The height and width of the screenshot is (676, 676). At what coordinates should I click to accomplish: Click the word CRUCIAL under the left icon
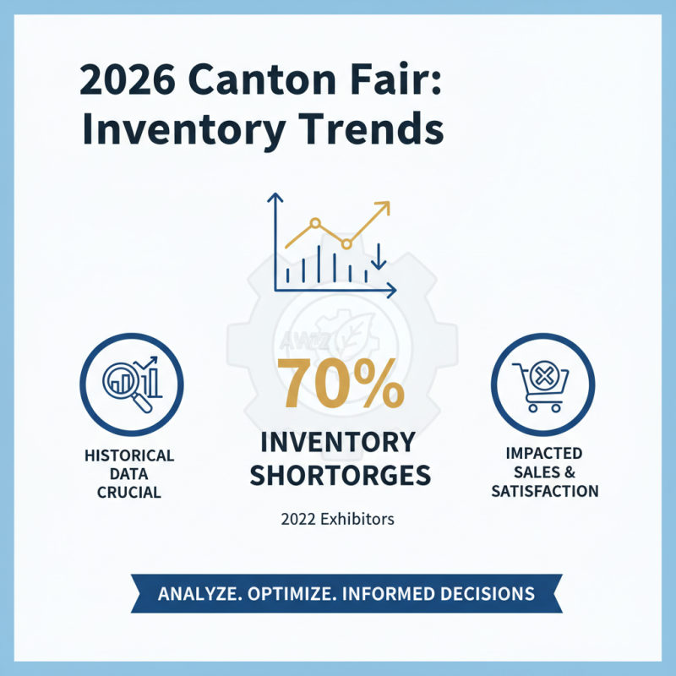pyautogui.click(x=129, y=493)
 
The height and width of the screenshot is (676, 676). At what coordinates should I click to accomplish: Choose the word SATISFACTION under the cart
pyautogui.click(x=545, y=491)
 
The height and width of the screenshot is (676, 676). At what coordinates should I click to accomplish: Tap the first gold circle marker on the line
pyautogui.click(x=315, y=224)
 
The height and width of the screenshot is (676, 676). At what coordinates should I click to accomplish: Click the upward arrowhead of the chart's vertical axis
pyautogui.click(x=274, y=200)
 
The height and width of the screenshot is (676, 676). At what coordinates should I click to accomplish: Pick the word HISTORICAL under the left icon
pyautogui.click(x=129, y=455)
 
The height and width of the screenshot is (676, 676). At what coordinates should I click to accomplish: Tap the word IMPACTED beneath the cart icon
pyautogui.click(x=545, y=454)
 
